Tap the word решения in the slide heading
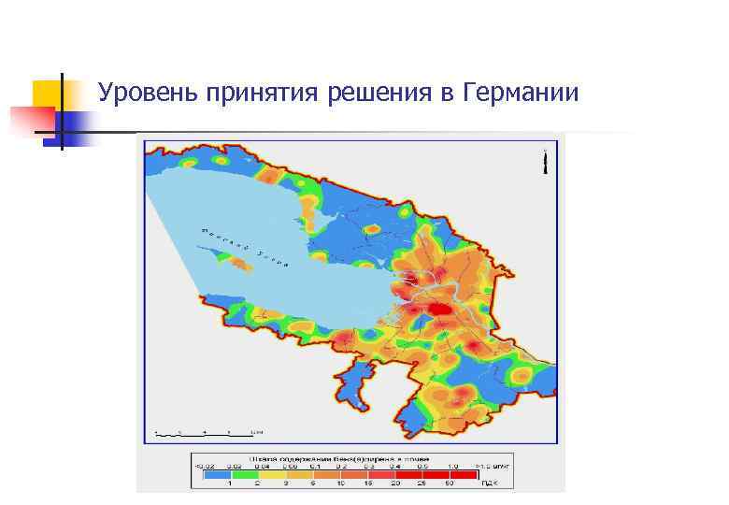pos(379,94)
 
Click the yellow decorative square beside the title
pos(52,94)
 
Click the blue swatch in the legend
pos(217,472)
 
